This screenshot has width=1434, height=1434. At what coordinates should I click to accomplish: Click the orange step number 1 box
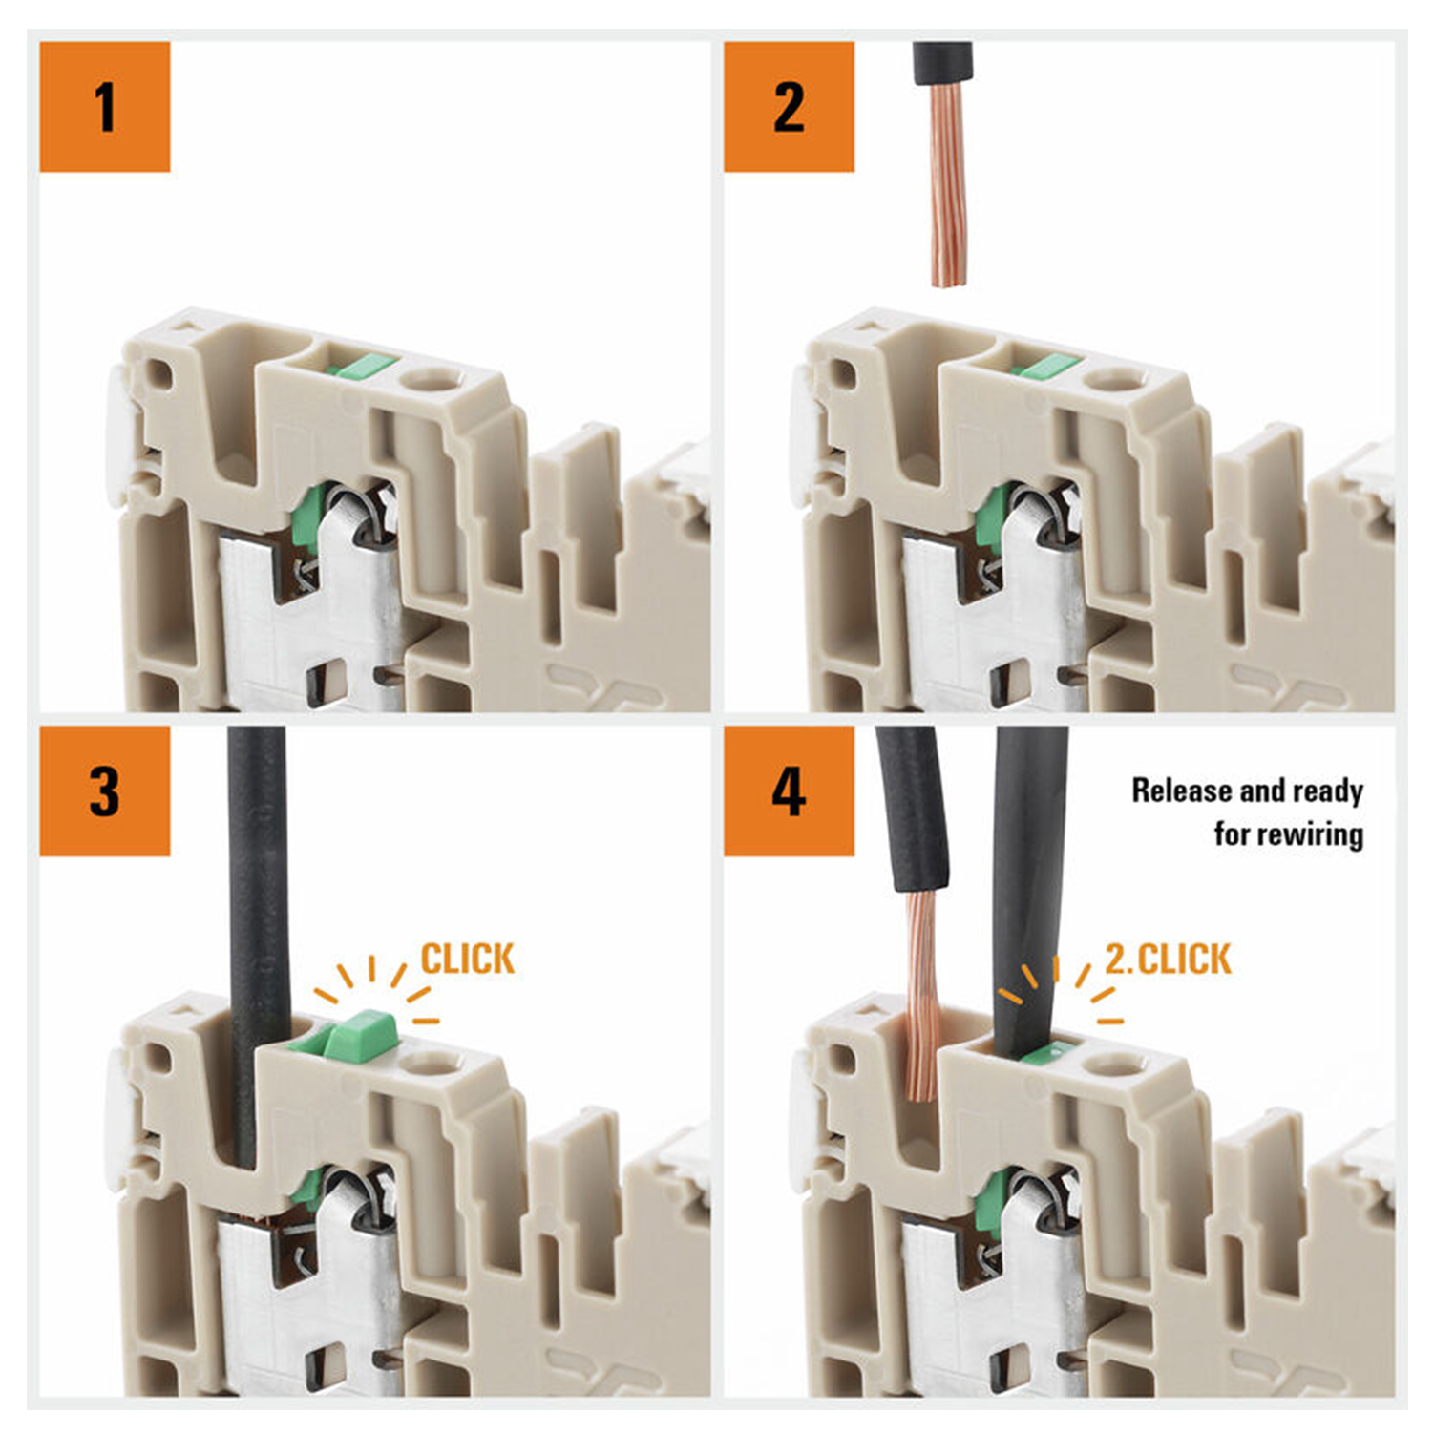coord(105,107)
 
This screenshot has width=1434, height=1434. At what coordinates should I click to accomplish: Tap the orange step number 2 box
coord(789,107)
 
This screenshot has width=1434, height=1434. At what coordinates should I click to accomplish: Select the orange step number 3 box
coord(105,791)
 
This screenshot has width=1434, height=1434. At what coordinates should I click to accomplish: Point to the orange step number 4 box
coord(789,791)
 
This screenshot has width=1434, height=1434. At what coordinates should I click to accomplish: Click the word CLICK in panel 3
coord(468,959)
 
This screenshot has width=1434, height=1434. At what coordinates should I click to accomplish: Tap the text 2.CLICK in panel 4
coord(1169,959)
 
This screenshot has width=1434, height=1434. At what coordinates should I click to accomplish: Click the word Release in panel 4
coord(1181,791)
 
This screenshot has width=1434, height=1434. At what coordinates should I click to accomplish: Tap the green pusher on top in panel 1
coord(361,366)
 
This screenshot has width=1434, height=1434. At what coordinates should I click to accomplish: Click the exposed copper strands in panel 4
coord(922,994)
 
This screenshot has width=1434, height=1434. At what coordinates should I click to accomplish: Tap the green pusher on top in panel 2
coord(1046,366)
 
